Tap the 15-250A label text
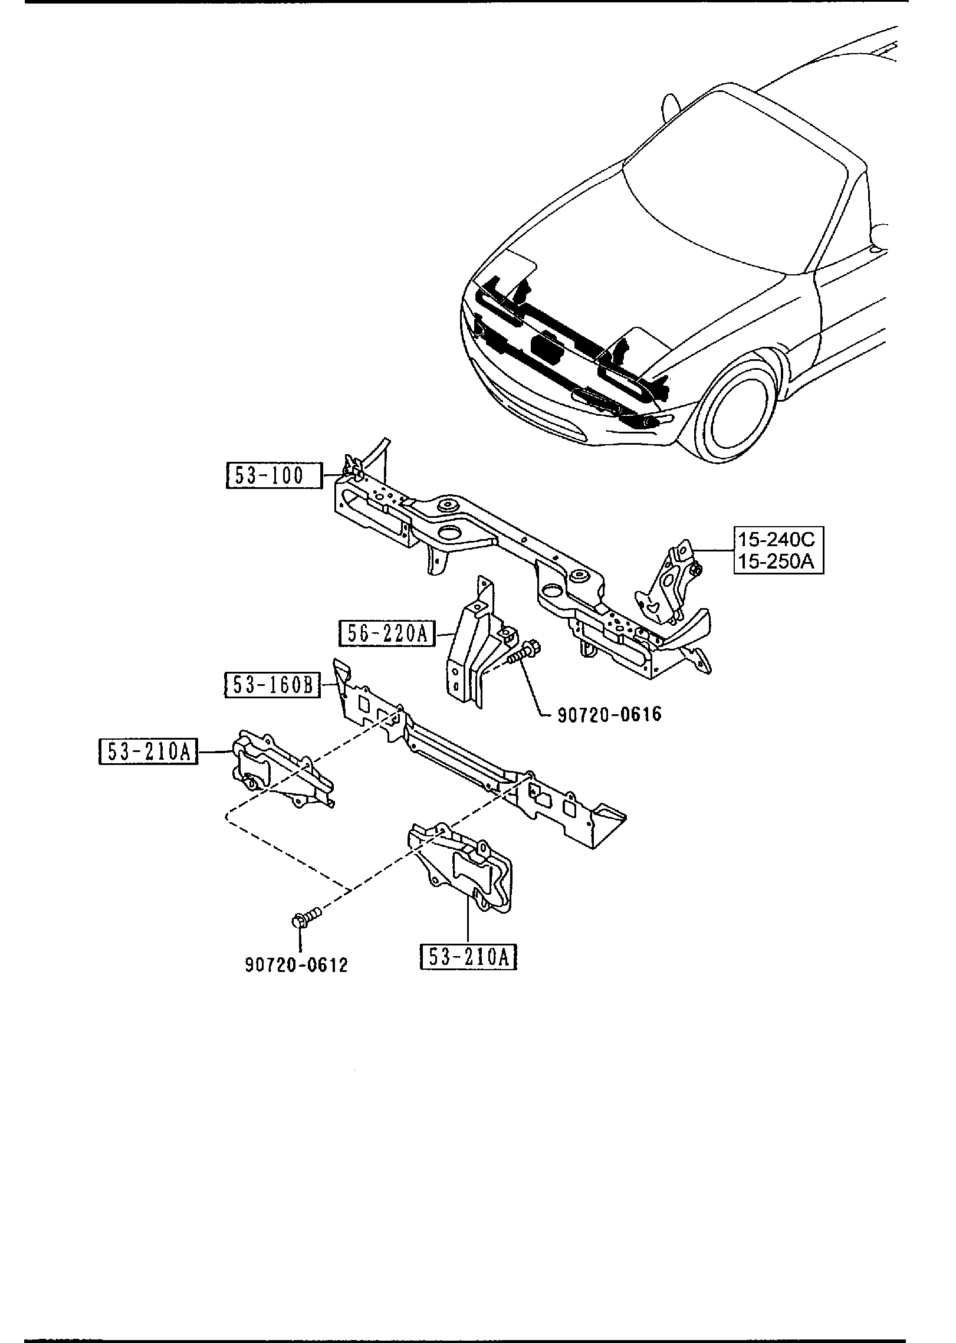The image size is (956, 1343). tap(778, 562)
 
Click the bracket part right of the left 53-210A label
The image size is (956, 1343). tap(277, 770)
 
